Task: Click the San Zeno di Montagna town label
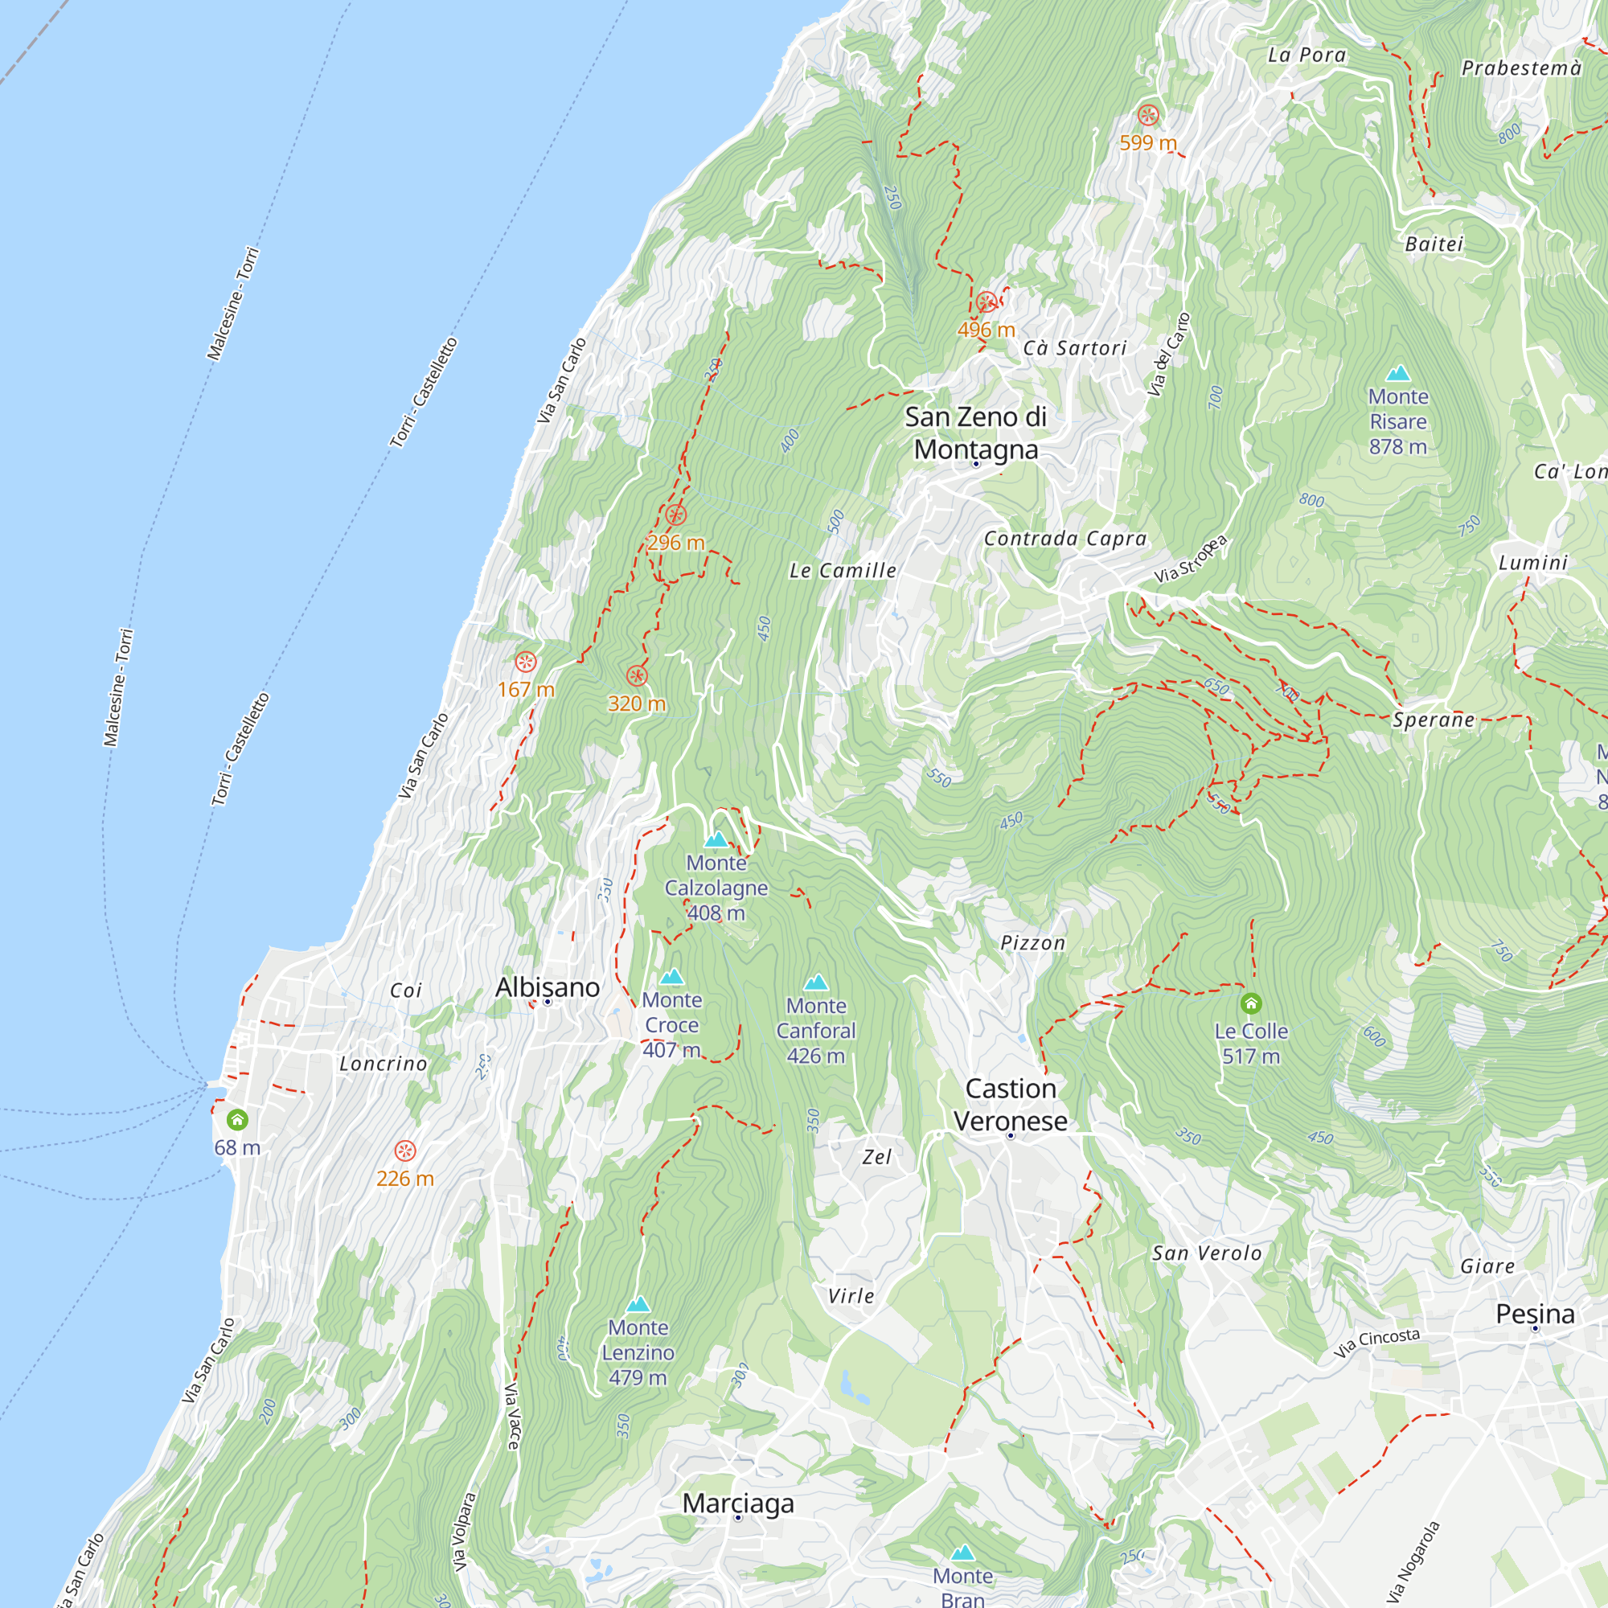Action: click(x=975, y=433)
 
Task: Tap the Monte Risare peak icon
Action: click(x=1398, y=373)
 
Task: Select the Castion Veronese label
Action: click(x=1011, y=1105)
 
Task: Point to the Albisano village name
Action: click(x=547, y=987)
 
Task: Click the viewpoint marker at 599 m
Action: click(x=1148, y=115)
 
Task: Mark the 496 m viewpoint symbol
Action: click(x=987, y=302)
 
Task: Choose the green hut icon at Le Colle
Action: click(x=1251, y=1003)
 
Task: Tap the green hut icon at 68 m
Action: click(x=237, y=1120)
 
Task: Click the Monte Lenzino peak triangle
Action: click(x=638, y=1304)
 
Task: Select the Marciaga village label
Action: click(x=737, y=1503)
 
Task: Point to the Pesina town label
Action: click(x=1535, y=1315)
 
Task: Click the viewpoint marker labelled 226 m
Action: click(x=404, y=1151)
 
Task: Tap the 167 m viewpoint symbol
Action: click(x=525, y=662)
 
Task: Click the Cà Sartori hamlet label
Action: click(x=1074, y=348)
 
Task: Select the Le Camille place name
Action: click(x=843, y=571)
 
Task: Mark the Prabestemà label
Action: click(x=1521, y=68)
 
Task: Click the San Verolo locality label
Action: click(x=1206, y=1253)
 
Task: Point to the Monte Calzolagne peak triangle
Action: click(x=716, y=840)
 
